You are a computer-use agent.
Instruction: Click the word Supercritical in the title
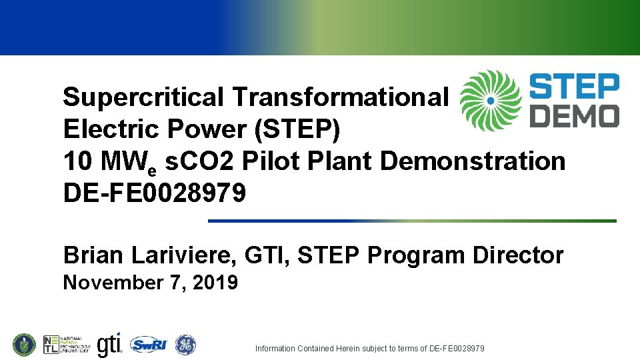[x=143, y=98]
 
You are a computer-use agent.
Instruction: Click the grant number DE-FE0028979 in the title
[x=154, y=193]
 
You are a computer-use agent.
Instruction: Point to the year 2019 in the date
[x=215, y=283]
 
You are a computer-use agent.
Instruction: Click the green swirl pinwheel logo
[x=490, y=101]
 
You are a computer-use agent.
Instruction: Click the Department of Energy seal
[x=23, y=345]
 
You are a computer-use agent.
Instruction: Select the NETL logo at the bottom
[x=67, y=345]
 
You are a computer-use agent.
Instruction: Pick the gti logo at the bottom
[x=109, y=345]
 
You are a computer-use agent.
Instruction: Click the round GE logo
[x=185, y=345]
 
